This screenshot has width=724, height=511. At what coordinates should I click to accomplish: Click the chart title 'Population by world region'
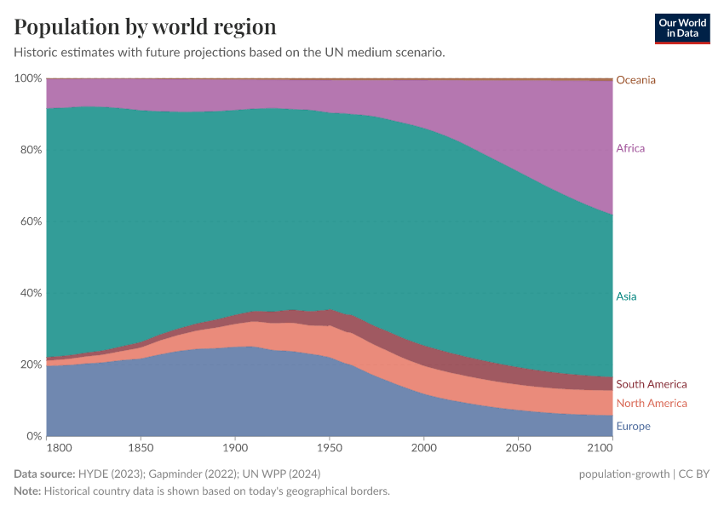pos(145,26)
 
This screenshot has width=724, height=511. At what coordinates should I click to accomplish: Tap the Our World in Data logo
pos(681,28)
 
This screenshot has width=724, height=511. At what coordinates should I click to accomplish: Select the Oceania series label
pos(635,80)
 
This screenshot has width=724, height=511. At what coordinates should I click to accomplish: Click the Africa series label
pos(630,148)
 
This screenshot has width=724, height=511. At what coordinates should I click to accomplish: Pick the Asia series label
pos(626,296)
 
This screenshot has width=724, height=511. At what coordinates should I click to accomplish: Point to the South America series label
pos(651,384)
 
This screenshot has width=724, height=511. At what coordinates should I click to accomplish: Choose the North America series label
pos(651,403)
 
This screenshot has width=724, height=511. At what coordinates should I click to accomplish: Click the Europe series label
pos(633,426)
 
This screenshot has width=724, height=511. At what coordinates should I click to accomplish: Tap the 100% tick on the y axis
pos(28,78)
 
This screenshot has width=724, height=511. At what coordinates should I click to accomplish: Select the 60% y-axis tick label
pos(31,221)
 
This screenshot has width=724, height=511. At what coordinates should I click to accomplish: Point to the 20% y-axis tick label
pos(31,365)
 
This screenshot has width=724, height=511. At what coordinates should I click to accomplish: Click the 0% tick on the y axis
pos(33,436)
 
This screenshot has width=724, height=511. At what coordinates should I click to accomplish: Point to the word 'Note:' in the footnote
pos(27,491)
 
